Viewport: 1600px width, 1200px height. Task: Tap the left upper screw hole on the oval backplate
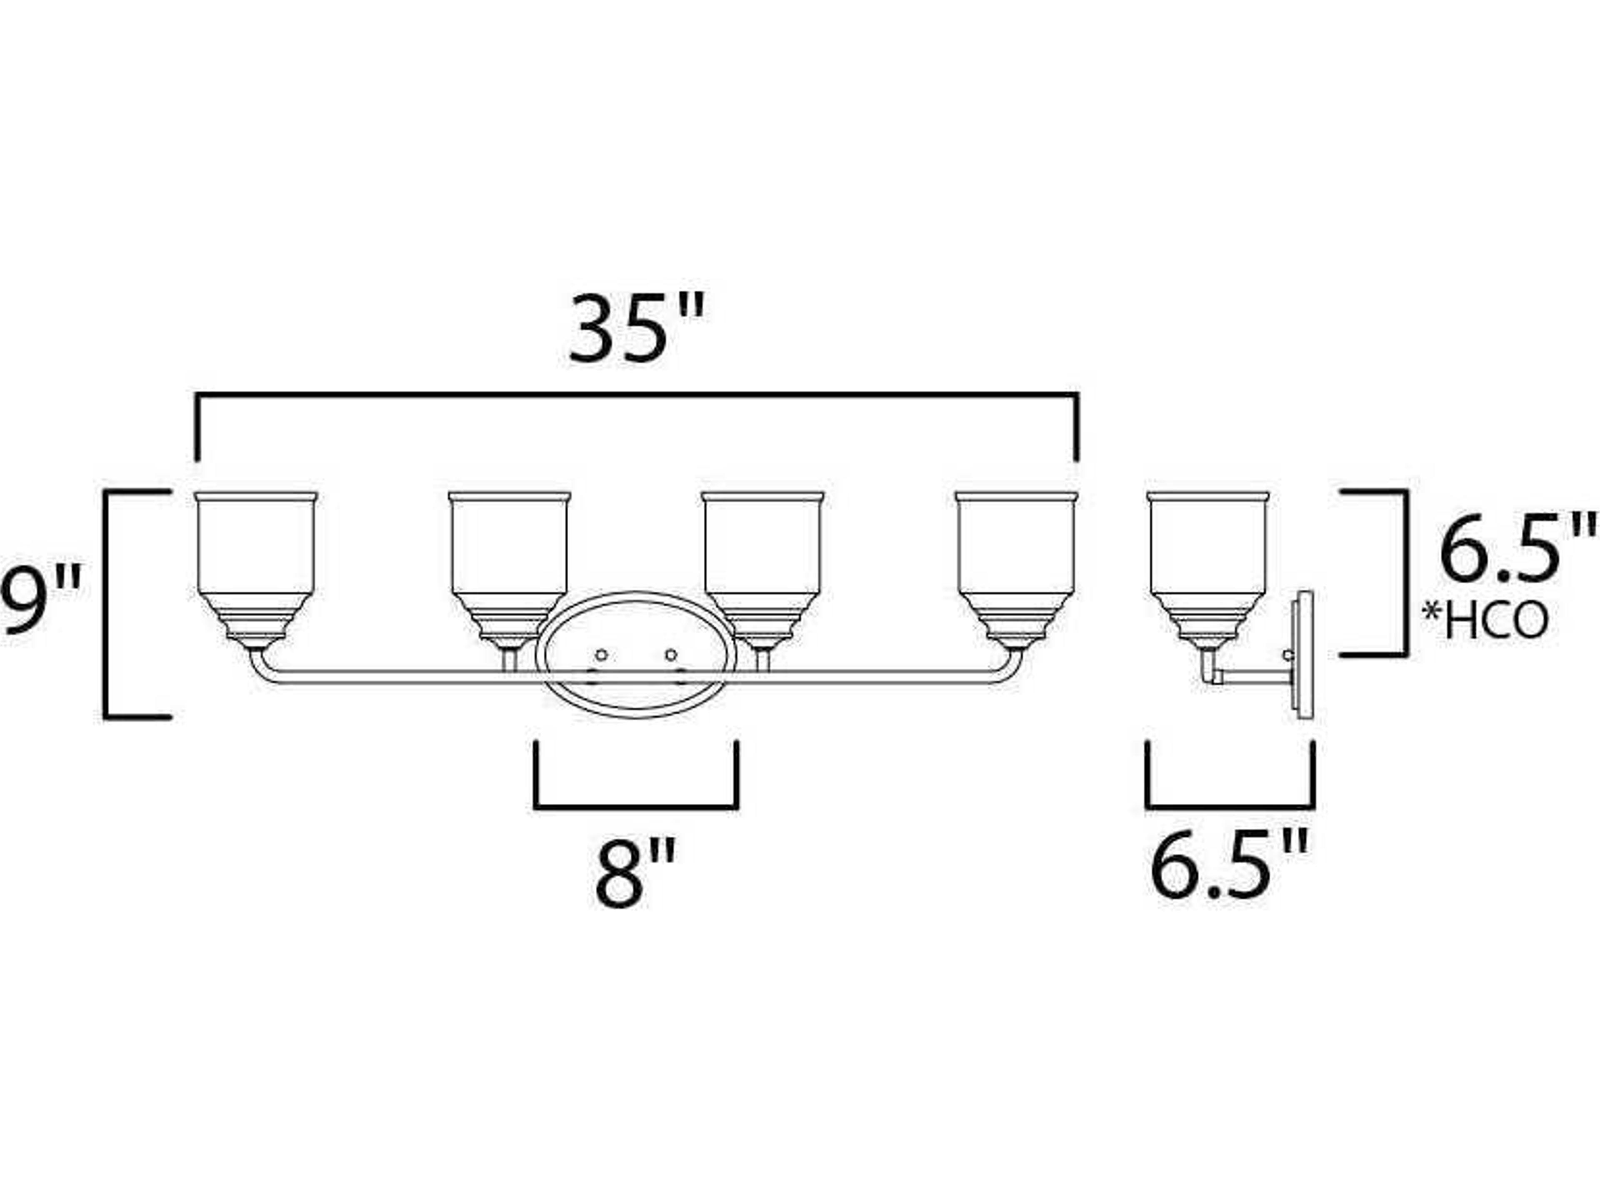(x=600, y=655)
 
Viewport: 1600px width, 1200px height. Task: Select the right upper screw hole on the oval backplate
(x=670, y=655)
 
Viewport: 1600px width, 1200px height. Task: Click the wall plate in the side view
(x=1304, y=655)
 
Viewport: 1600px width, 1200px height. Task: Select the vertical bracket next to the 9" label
(x=106, y=604)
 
